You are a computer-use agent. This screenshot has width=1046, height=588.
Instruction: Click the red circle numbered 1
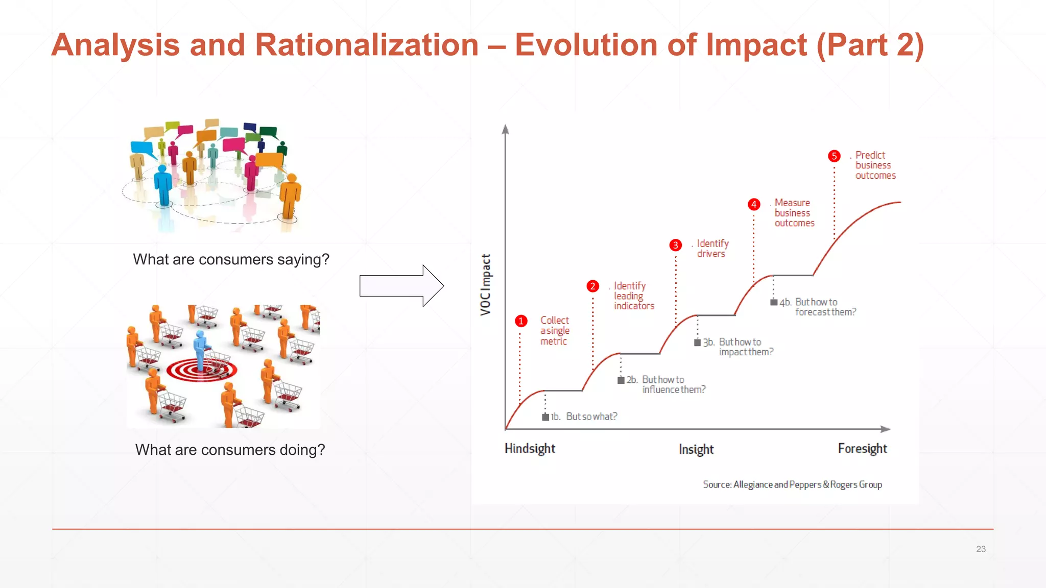click(520, 321)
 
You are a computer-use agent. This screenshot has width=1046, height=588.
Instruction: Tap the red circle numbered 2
click(592, 286)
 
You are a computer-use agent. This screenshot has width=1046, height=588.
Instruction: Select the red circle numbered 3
click(675, 246)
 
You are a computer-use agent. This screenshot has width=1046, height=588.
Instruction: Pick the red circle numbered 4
click(754, 205)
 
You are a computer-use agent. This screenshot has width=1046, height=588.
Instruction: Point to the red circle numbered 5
click(834, 156)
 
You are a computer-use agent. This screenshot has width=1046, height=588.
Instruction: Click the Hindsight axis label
click(530, 449)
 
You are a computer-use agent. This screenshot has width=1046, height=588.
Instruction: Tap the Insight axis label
click(696, 449)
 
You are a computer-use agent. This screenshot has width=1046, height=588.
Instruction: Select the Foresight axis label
click(862, 449)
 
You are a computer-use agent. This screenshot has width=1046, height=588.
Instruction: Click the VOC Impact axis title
click(486, 284)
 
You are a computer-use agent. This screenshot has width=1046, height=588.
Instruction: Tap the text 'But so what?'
click(591, 416)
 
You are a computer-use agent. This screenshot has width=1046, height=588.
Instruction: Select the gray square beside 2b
click(621, 380)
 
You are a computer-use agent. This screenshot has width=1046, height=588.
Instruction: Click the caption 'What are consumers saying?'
click(231, 259)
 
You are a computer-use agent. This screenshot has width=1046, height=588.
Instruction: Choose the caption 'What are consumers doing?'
click(230, 450)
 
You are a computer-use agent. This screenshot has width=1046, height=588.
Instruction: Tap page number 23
click(981, 549)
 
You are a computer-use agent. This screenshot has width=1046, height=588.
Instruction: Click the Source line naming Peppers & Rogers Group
click(792, 484)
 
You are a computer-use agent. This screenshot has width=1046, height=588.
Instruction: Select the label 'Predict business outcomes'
click(874, 165)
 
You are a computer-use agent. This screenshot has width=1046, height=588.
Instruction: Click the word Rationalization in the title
click(366, 45)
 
